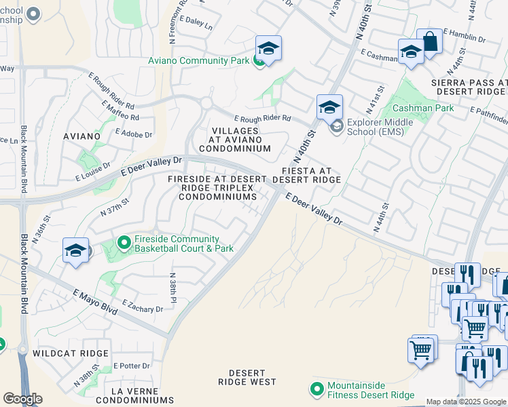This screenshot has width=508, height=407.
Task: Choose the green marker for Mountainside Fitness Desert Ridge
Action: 316,389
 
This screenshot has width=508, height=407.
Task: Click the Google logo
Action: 22,399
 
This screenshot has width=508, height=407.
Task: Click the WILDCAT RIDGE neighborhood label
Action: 74,353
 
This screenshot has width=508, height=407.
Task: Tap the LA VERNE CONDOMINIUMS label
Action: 137,395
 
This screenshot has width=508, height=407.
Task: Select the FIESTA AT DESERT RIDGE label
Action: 306,175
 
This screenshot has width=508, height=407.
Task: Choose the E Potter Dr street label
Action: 131,366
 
